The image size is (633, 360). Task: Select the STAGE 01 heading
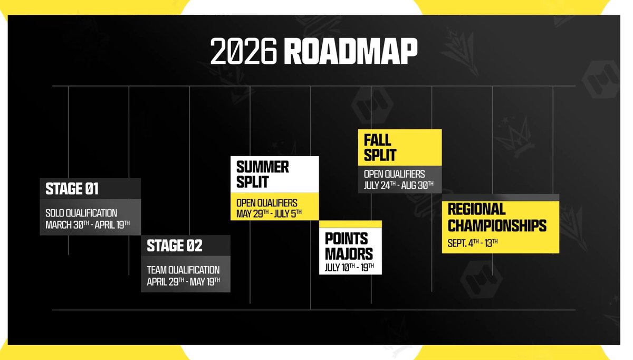coord(72,188)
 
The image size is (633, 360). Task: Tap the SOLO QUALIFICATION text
coord(81,213)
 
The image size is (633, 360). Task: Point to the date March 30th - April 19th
coord(88,224)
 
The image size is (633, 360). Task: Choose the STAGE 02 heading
coord(174,245)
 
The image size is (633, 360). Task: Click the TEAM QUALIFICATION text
coord(183,270)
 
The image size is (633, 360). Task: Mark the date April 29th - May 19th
coord(184,280)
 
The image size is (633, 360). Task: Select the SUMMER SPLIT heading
coord(263,175)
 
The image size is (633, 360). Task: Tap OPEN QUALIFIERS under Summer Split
coord(267,203)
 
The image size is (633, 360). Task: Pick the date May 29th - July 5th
coord(270,214)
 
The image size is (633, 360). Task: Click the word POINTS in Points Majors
coord(347,238)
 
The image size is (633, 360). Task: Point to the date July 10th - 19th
coord(350,267)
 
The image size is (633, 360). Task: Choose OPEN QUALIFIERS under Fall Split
coord(395,174)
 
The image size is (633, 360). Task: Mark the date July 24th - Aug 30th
coord(399,185)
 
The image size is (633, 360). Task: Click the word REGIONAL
coord(476,209)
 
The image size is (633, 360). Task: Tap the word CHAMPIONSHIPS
coord(497,225)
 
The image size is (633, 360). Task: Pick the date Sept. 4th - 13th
coord(473,243)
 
